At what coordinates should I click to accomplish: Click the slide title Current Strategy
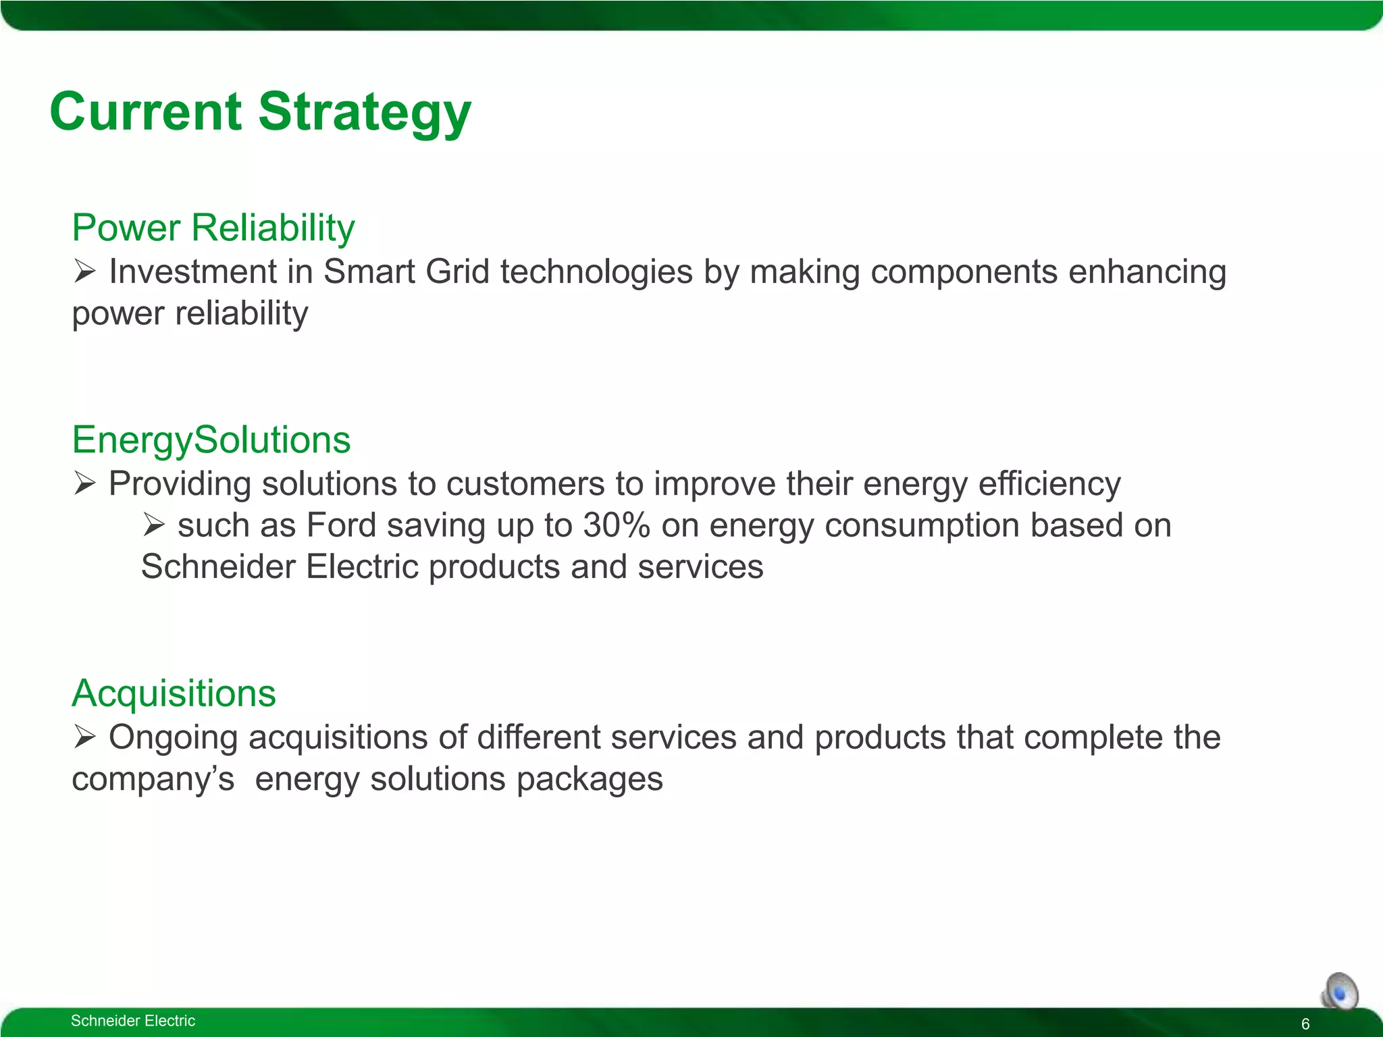260,112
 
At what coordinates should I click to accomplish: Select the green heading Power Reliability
213,228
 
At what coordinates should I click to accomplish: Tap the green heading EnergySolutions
211,440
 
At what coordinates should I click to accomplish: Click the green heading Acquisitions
174,693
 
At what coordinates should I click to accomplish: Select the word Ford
340,525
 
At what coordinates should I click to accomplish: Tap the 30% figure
617,525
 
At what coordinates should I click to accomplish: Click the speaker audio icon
1340,992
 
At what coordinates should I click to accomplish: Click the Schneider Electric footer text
133,1021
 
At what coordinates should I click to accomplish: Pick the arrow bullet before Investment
85,272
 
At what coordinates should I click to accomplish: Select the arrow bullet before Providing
85,484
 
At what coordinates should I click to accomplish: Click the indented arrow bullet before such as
154,525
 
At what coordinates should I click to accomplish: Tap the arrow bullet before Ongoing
85,737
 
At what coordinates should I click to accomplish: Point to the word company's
153,780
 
